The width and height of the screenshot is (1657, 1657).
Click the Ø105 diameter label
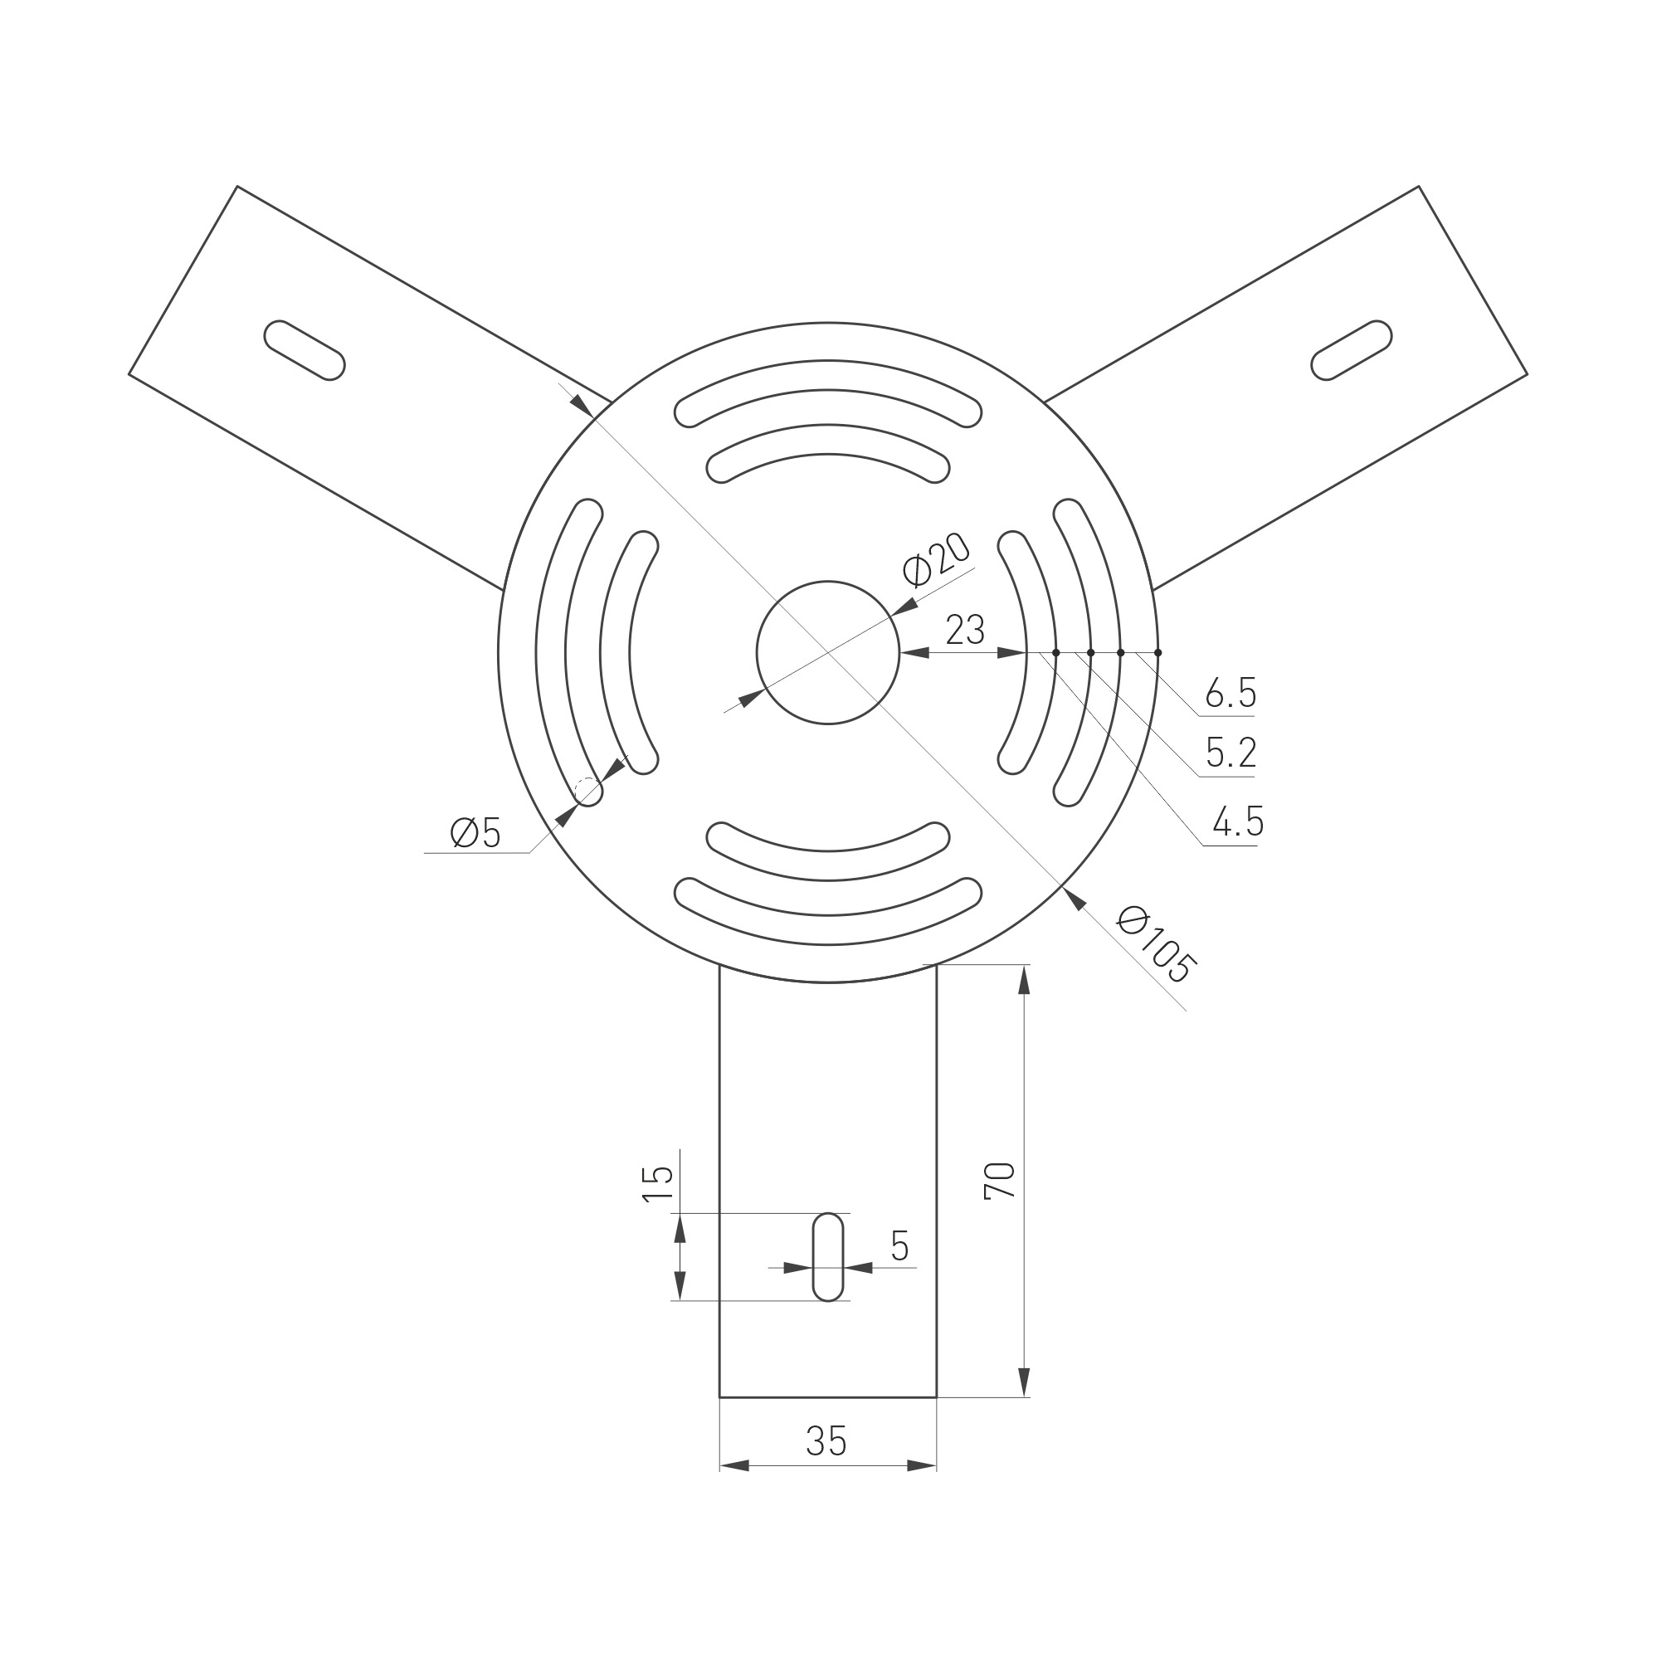tap(1156, 944)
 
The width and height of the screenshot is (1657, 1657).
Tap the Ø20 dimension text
tap(936, 560)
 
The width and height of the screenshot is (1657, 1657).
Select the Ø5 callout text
tap(475, 832)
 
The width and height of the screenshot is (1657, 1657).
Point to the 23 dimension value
tap(965, 631)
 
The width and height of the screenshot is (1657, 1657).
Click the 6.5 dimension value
tap(1231, 692)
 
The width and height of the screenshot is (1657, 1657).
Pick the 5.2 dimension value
tap(1231, 753)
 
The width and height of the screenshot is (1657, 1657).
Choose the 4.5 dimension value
tap(1238, 821)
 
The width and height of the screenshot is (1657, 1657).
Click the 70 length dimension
tap(1000, 1181)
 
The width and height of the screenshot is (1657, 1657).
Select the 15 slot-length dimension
tap(659, 1184)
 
